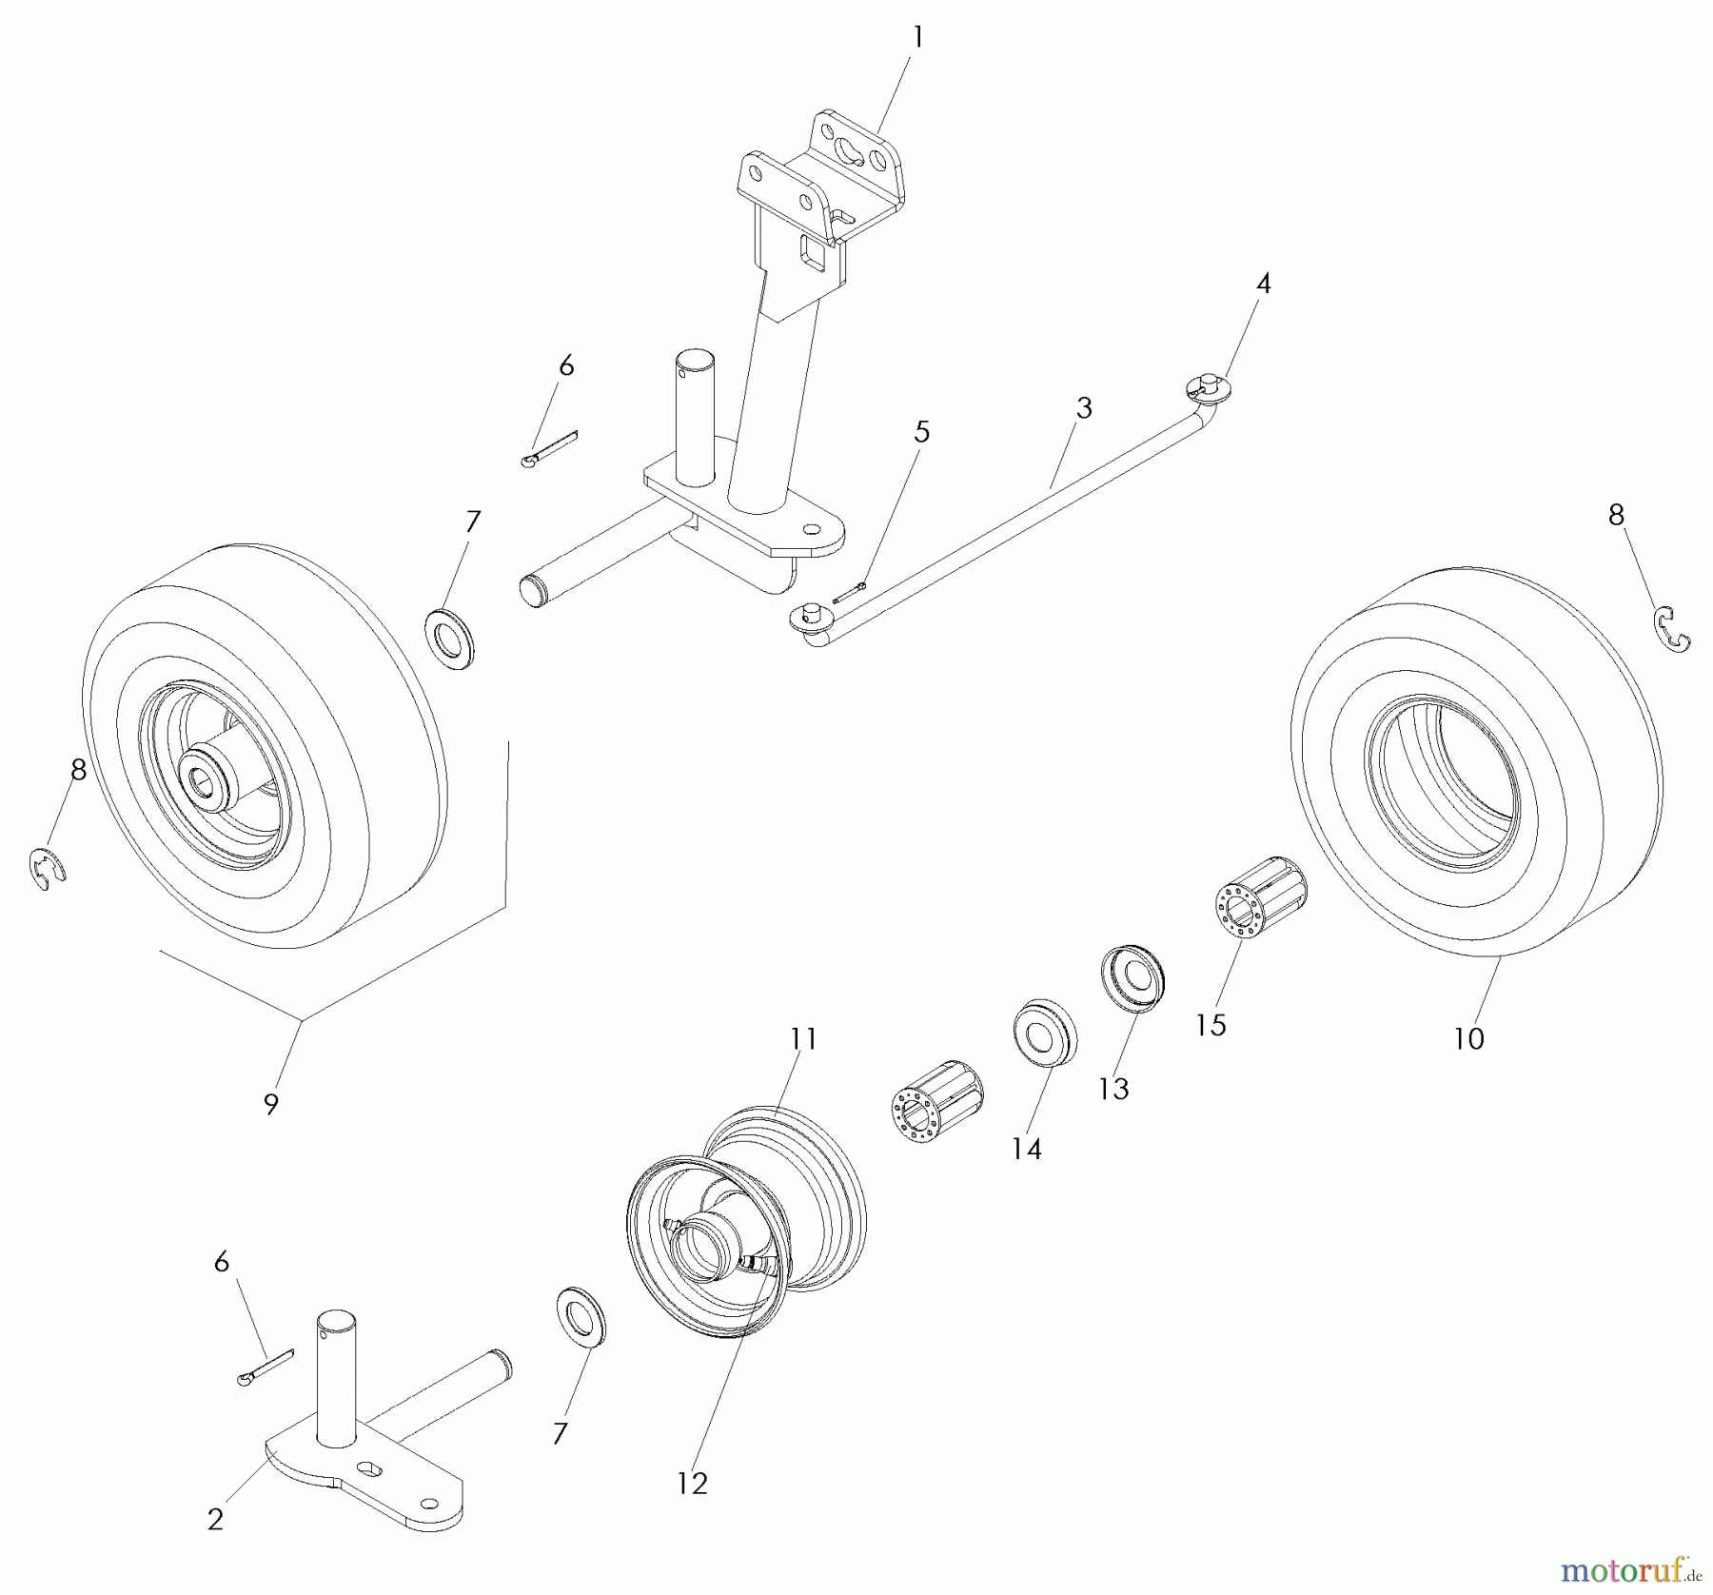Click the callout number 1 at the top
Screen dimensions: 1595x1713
tap(917, 38)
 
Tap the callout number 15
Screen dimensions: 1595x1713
tap(1211, 1025)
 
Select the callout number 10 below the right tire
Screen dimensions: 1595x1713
tap(1468, 1038)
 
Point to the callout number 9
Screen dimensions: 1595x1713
tap(271, 1104)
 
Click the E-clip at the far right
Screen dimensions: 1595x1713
tap(1671, 630)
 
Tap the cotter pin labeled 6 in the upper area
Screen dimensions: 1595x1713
tap(551, 449)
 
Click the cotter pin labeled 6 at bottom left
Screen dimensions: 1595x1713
tap(266, 1369)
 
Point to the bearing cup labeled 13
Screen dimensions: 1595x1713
tap(1132, 978)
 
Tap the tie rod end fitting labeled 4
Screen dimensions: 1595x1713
tap(1209, 388)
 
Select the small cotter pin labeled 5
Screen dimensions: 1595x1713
tap(850, 593)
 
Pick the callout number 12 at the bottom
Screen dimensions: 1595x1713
tap(692, 1484)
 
